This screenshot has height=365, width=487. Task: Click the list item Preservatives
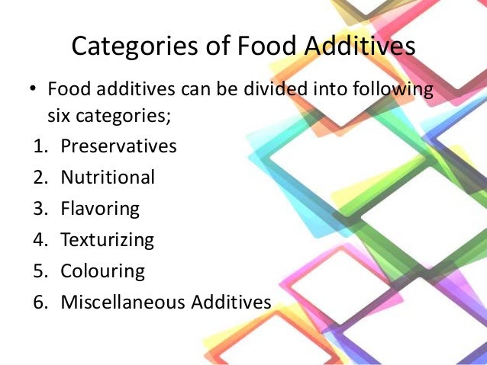pos(118,146)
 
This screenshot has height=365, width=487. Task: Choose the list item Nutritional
pos(108,178)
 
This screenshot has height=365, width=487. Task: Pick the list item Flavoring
pos(100,209)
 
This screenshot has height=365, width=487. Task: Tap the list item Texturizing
pos(107,240)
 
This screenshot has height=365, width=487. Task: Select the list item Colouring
pos(102,271)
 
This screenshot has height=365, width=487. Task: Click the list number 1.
pos(39,146)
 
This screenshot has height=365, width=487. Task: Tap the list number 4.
pos(39,240)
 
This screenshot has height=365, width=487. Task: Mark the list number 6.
pos(39,302)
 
